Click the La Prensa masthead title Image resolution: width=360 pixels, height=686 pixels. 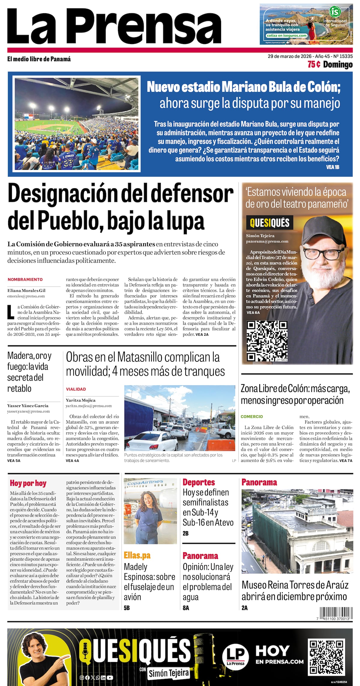click(x=114, y=26)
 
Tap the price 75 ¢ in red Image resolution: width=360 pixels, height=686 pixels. click(x=314, y=64)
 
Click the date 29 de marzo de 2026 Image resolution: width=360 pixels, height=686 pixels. click(x=288, y=56)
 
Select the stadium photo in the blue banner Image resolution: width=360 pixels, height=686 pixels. click(x=76, y=124)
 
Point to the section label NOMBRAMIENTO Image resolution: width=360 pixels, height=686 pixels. click(x=25, y=279)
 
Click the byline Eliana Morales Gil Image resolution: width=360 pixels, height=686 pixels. click(x=26, y=290)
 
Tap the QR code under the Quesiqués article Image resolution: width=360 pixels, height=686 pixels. click(x=267, y=341)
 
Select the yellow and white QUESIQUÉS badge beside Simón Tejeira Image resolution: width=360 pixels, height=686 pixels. click(x=269, y=223)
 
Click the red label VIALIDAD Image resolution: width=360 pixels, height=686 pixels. click(x=76, y=389)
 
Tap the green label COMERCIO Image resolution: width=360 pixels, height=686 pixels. click(x=252, y=416)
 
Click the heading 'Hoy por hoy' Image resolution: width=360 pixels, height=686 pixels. click(x=28, y=483)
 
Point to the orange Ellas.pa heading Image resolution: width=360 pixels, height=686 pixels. click(x=137, y=555)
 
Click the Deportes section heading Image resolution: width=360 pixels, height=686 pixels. click(x=199, y=482)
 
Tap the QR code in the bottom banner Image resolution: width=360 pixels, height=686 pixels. click(x=326, y=657)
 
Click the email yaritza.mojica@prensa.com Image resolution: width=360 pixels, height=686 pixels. click(x=89, y=406)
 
